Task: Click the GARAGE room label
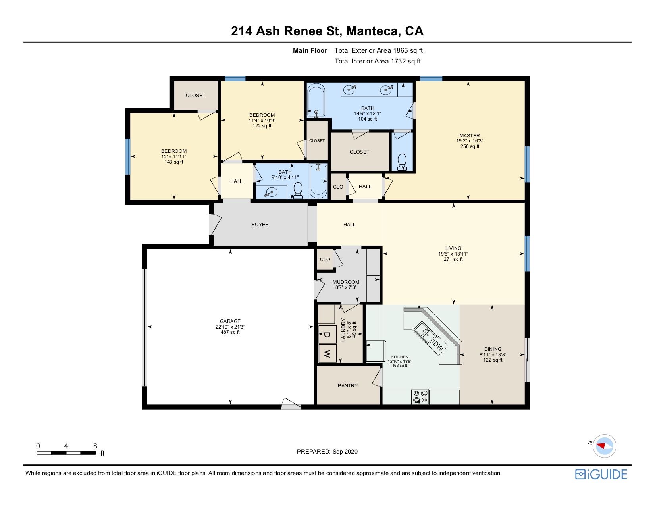click(x=230, y=321)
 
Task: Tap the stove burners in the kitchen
click(x=420, y=396)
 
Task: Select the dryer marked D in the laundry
click(x=327, y=334)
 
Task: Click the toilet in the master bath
click(x=402, y=162)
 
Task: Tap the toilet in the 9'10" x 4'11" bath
click(x=298, y=190)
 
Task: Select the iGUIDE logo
click(x=601, y=474)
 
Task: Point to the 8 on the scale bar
click(x=95, y=446)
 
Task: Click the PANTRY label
click(x=347, y=385)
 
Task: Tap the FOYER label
click(x=260, y=225)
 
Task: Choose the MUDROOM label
click(x=346, y=282)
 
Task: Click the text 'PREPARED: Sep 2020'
click(x=327, y=452)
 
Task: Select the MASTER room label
click(x=470, y=136)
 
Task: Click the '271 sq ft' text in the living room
click(x=453, y=259)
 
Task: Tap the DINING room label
click(x=493, y=349)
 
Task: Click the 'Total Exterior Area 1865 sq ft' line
click(x=378, y=51)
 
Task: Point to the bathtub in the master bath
click(x=316, y=100)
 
